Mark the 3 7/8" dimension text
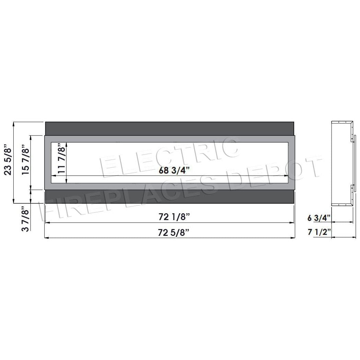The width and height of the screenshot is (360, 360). [26, 219]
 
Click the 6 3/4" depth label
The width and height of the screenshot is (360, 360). [319, 218]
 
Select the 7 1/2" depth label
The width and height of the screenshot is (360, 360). [319, 232]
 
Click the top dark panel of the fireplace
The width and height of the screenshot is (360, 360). [170, 129]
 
